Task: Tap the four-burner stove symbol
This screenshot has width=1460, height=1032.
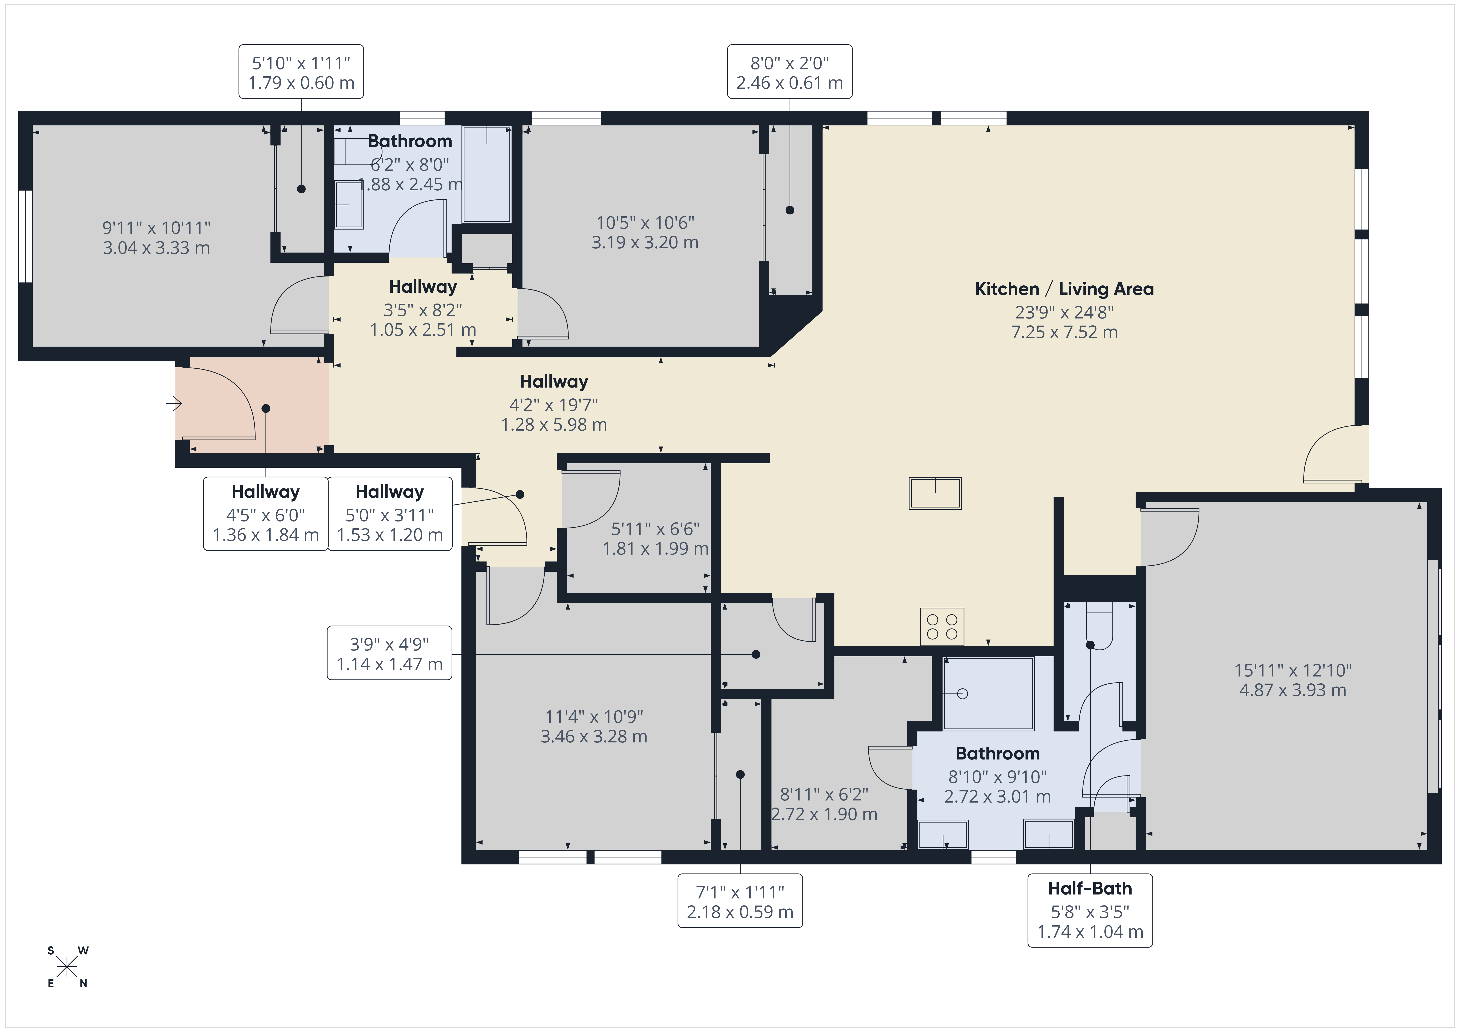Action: pos(942,626)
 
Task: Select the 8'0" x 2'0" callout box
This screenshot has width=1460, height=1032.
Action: pos(790,72)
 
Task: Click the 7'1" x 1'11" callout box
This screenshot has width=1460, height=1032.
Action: pos(740,901)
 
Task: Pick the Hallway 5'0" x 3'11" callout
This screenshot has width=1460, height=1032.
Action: pos(390,514)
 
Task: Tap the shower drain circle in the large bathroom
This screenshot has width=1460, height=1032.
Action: pos(962,694)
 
